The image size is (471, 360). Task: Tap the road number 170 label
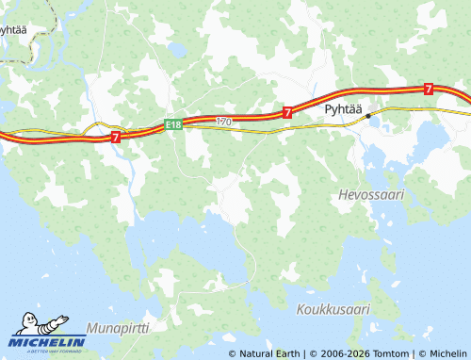click(223, 122)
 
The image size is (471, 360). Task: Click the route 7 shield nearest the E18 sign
click(115, 137)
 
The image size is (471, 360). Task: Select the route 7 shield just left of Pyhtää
click(285, 111)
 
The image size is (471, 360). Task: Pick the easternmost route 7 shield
click(429, 89)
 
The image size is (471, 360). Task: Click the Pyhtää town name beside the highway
click(343, 109)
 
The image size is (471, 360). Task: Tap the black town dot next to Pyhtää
click(368, 115)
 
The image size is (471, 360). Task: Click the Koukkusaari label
click(333, 309)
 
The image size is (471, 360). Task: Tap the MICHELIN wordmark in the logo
click(48, 341)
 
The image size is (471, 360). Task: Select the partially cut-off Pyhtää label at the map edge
click(12, 29)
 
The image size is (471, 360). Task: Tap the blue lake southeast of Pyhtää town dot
click(429, 140)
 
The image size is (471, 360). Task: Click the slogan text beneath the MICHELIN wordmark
click(48, 350)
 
